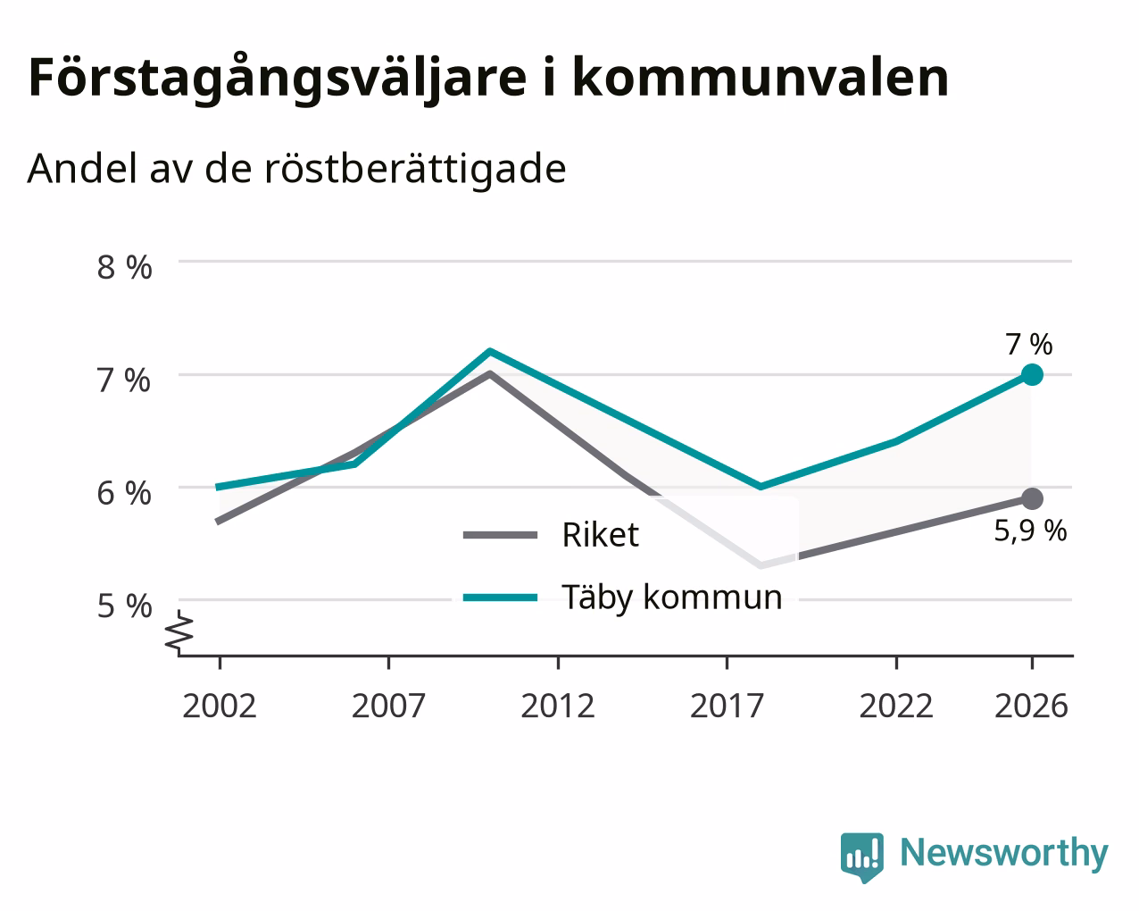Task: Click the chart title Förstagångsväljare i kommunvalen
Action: point(488,79)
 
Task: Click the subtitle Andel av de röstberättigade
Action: point(296,170)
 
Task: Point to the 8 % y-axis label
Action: point(124,267)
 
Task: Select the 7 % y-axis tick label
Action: point(124,380)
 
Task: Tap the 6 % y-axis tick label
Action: point(124,493)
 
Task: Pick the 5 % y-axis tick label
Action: point(124,606)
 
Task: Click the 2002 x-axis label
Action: point(219,706)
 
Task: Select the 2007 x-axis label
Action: point(388,706)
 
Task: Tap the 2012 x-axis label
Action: point(557,706)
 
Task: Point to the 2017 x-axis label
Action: point(727,706)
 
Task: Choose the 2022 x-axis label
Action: point(895,706)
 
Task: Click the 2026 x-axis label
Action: point(1031,706)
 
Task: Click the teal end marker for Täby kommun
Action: point(1032,375)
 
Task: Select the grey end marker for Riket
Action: point(1032,498)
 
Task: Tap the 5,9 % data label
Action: point(1030,531)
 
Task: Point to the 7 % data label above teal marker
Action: point(1029,344)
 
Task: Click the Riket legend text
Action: point(600,535)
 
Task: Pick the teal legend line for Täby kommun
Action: point(500,598)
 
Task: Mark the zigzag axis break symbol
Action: point(179,631)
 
